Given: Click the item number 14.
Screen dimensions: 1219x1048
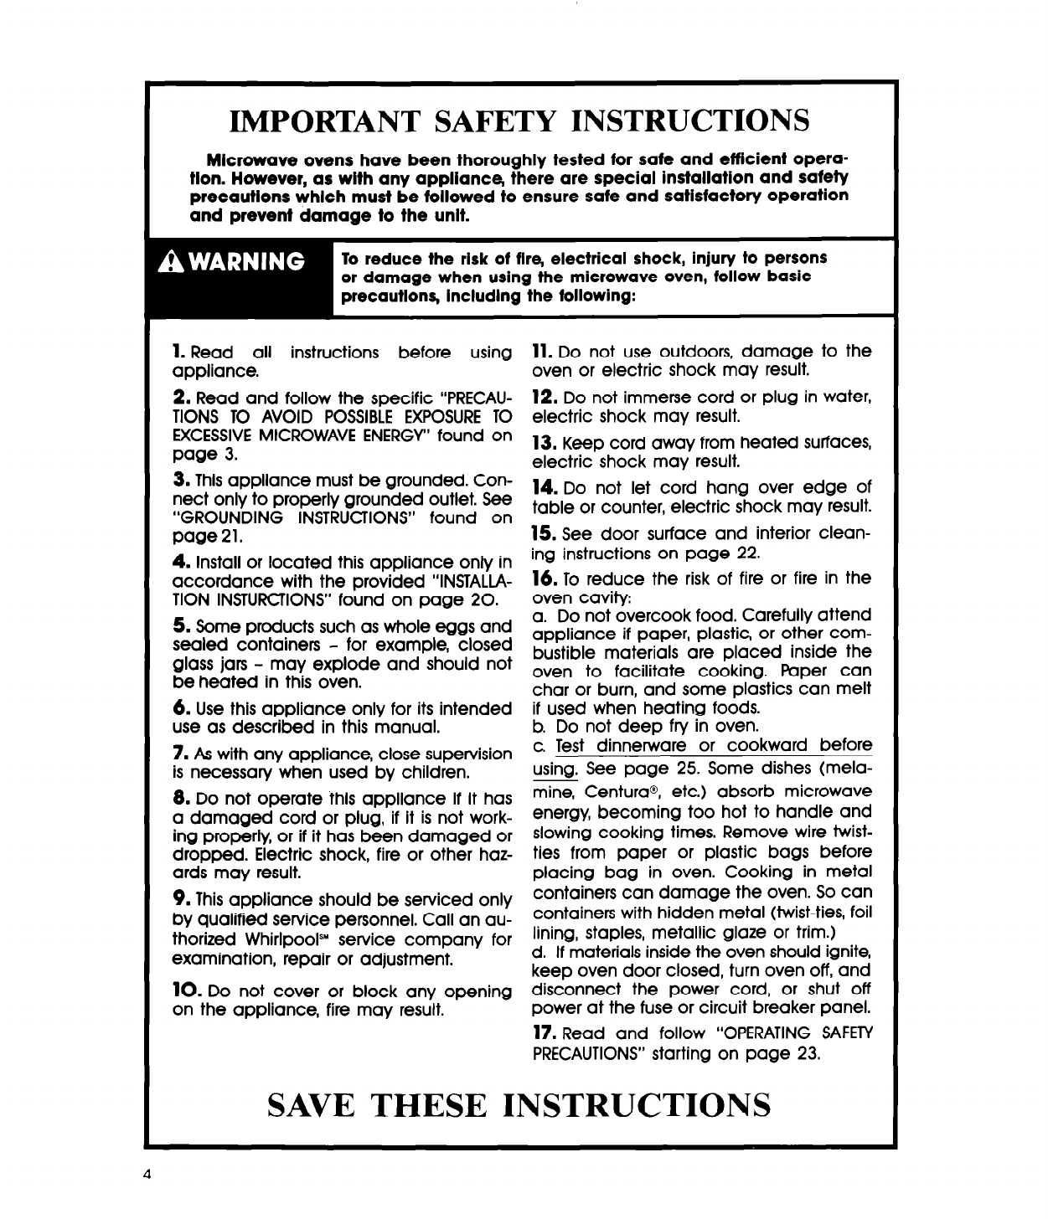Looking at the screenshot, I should point(545,487).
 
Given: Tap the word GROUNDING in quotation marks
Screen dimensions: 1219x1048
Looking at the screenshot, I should point(227,518).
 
